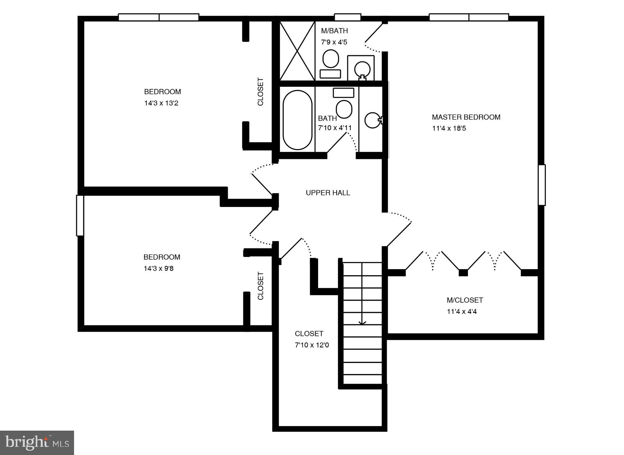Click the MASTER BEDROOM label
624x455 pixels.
click(x=466, y=117)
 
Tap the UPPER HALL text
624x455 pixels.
click(x=328, y=193)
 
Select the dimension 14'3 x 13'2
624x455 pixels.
click(x=161, y=103)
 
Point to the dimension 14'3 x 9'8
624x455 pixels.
click(x=158, y=268)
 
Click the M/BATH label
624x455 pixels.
click(x=334, y=31)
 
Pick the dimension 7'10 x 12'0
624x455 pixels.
click(x=312, y=345)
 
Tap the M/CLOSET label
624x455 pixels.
click(x=465, y=300)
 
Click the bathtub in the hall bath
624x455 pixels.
click(x=297, y=120)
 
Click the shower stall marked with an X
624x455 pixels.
click(x=297, y=51)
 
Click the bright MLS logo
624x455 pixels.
click(x=37, y=443)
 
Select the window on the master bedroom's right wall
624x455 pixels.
click(x=541, y=185)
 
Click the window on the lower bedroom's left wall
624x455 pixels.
click(x=80, y=215)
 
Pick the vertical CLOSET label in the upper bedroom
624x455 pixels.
click(x=261, y=92)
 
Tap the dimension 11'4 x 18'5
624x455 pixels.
click(x=449, y=128)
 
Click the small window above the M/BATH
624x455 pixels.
click(x=348, y=17)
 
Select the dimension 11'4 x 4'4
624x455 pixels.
click(x=462, y=311)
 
